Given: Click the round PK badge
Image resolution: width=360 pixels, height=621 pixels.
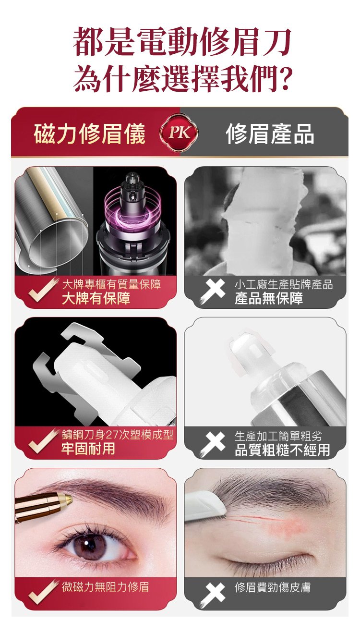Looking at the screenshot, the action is pyautogui.click(x=179, y=133).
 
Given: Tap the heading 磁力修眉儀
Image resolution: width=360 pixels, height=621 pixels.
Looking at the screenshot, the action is pyautogui.click(x=89, y=134).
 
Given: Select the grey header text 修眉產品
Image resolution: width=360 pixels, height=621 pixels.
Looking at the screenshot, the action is pyautogui.click(x=270, y=134).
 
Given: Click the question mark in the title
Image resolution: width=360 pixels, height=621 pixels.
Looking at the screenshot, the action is pyautogui.click(x=284, y=78).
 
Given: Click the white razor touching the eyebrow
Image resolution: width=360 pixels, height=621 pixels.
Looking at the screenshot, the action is pyautogui.click(x=205, y=503).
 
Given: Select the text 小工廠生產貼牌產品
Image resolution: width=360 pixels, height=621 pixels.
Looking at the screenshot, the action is pyautogui.click(x=284, y=285).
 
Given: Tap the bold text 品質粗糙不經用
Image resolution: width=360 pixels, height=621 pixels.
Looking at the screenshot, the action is pyautogui.click(x=282, y=449).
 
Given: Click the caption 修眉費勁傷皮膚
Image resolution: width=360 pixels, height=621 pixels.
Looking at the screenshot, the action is pyautogui.click(x=273, y=587).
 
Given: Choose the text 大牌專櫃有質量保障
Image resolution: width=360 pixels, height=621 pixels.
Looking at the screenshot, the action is pyautogui.click(x=111, y=284).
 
